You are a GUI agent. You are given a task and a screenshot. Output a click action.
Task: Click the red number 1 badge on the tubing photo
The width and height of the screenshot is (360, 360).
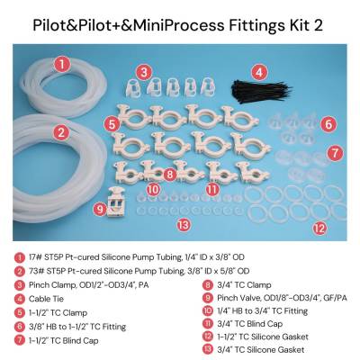click(x=61, y=65)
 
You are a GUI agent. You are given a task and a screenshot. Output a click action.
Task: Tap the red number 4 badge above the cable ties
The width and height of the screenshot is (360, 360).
click(x=259, y=72)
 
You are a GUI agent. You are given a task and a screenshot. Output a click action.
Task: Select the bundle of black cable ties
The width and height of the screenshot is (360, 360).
click(x=260, y=91)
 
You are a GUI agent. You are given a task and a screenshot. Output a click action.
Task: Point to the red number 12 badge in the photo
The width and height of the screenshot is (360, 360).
click(x=319, y=229)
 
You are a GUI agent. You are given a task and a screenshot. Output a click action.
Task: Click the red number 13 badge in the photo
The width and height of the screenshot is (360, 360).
click(x=184, y=225)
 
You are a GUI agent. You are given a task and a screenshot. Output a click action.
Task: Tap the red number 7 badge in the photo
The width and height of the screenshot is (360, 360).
click(x=335, y=153)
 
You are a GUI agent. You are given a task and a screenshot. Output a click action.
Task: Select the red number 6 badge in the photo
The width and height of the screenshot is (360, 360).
click(x=328, y=124)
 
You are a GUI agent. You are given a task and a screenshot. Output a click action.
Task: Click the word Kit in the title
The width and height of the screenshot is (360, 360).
click(x=295, y=25)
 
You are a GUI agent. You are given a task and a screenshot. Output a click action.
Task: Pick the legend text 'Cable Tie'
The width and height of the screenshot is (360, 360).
click(x=46, y=299)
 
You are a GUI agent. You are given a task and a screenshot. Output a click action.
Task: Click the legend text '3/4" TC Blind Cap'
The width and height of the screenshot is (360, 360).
click(x=250, y=324)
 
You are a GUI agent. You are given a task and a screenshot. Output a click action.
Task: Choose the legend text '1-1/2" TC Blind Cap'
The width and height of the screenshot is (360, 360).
click(x=64, y=341)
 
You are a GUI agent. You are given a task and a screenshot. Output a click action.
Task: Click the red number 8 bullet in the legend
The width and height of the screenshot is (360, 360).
click(x=207, y=285)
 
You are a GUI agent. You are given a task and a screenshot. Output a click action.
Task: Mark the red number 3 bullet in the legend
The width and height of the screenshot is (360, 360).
click(x=19, y=285)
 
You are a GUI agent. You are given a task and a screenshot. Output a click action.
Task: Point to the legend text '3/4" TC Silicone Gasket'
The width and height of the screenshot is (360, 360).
click(x=261, y=350)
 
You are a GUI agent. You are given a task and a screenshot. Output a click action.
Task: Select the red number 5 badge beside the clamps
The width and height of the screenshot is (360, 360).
click(x=112, y=124)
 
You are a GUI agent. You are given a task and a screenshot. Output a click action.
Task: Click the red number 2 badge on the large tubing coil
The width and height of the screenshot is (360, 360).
click(x=61, y=132)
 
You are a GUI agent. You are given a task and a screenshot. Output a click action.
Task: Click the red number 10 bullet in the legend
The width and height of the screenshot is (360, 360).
click(x=207, y=310)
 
